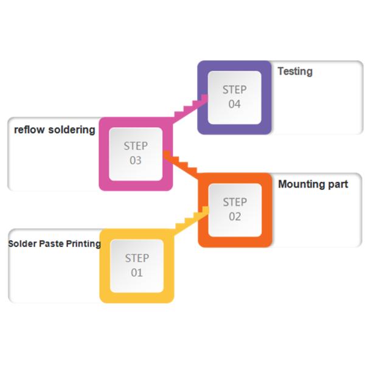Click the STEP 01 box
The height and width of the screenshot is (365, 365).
click(x=137, y=265)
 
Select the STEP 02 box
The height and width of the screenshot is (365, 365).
click(x=235, y=209)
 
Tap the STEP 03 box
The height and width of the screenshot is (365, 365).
click(x=136, y=153)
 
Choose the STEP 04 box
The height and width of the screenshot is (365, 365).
click(x=234, y=97)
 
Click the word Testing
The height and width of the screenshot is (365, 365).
click(x=295, y=71)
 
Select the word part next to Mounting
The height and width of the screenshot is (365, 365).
click(x=338, y=184)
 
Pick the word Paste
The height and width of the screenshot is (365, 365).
click(x=51, y=244)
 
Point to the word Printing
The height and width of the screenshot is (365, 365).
click(x=83, y=244)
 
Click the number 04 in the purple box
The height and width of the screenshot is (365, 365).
click(x=235, y=104)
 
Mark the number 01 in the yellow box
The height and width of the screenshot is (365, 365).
click(x=137, y=273)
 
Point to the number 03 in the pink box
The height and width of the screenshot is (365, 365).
click(x=136, y=161)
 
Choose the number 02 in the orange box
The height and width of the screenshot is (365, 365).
click(x=235, y=217)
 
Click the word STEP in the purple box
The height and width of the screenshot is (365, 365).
click(x=234, y=89)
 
